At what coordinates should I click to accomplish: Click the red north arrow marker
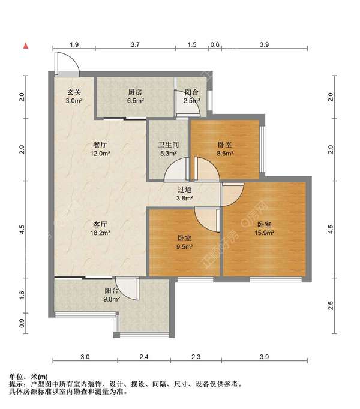[26, 46]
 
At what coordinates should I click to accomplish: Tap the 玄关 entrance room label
[74, 92]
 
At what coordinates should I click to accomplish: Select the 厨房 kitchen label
[135, 92]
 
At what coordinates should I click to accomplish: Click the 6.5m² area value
[136, 100]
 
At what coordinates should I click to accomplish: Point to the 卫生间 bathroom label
[169, 145]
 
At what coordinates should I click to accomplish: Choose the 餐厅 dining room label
[100, 145]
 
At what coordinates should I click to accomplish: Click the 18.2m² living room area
[100, 233]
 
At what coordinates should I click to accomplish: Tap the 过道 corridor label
[185, 190]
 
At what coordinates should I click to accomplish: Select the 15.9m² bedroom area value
[264, 233]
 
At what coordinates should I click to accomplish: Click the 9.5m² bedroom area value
[185, 246]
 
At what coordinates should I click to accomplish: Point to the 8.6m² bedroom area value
[225, 153]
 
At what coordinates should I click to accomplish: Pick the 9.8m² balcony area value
[112, 299]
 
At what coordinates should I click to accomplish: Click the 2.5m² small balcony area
[191, 100]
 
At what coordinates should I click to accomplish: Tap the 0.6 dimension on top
[215, 44]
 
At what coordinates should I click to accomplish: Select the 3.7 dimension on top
[135, 44]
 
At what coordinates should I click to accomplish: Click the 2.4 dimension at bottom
[144, 357]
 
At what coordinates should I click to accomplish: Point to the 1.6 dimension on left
[22, 295]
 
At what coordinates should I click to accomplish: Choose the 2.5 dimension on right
[331, 305]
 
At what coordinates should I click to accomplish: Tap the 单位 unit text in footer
[16, 377]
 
